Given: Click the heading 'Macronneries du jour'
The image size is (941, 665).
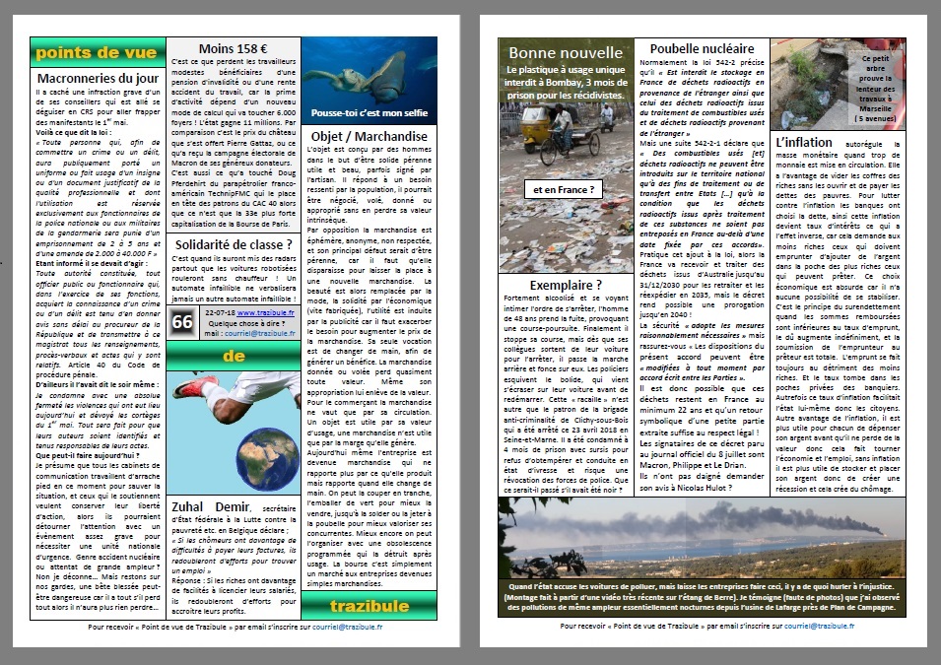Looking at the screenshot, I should [x=98, y=78].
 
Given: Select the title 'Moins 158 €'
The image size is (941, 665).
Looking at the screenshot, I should [x=234, y=49].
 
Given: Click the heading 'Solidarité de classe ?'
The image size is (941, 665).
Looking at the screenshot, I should [x=234, y=245].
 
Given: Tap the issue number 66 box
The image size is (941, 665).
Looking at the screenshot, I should [x=182, y=321].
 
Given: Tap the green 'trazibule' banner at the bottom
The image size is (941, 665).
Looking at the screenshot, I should [x=370, y=606].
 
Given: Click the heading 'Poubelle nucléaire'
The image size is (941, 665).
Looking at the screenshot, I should [x=703, y=48].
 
